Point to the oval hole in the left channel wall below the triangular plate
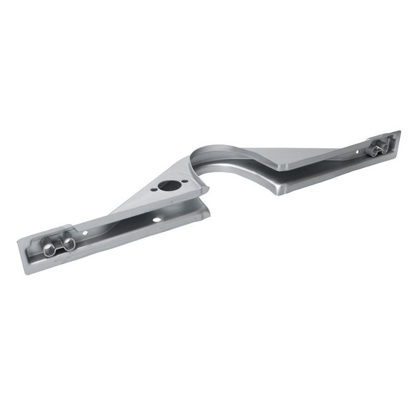[x=156, y=219]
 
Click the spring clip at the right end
[x=379, y=148]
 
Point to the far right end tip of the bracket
[x=399, y=134]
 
